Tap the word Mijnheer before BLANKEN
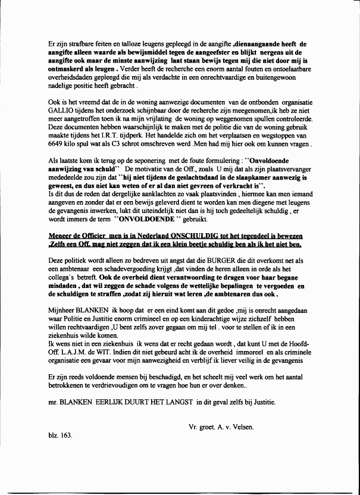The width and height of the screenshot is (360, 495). click(x=64, y=311)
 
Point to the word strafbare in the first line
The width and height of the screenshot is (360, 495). click(x=76, y=44)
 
